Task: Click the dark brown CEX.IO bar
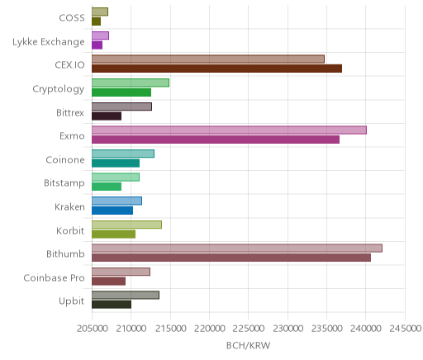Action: click(x=216, y=69)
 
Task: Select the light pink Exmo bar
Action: click(x=229, y=130)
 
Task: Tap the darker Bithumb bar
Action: click(x=231, y=258)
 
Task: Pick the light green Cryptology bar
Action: click(x=131, y=83)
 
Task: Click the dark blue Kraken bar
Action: click(x=112, y=211)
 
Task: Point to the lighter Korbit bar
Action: click(x=126, y=225)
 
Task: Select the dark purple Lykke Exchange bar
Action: click(x=97, y=45)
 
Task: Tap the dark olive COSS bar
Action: click(x=96, y=21)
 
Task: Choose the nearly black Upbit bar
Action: click(x=112, y=305)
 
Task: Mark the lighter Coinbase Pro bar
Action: click(x=121, y=272)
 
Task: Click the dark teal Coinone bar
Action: click(x=116, y=163)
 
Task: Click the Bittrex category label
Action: click(x=70, y=113)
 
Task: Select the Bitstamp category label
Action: click(x=64, y=183)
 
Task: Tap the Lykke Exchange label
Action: click(x=49, y=42)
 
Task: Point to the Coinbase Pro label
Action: click(x=54, y=277)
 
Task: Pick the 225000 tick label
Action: click(x=249, y=329)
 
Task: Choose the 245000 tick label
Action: click(x=406, y=329)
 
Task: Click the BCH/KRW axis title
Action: click(x=248, y=345)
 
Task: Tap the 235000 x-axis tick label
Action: click(x=327, y=329)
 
